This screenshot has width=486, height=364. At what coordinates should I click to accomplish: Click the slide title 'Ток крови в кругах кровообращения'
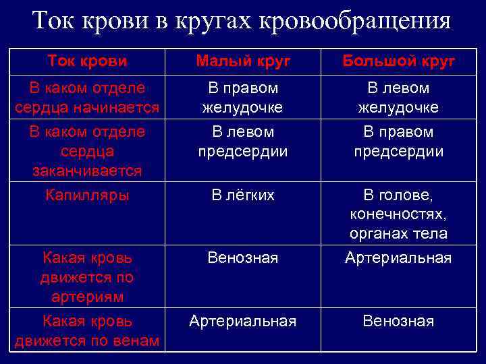click(242, 21)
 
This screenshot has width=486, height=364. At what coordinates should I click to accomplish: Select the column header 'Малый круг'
click(243, 61)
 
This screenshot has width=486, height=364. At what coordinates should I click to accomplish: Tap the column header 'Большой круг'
click(398, 61)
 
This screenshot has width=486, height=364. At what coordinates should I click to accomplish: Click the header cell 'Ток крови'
click(87, 61)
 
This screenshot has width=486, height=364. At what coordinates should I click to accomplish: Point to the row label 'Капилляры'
click(87, 195)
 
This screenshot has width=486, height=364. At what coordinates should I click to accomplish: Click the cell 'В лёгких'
click(243, 195)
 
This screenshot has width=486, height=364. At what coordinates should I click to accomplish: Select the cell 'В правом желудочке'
click(243, 98)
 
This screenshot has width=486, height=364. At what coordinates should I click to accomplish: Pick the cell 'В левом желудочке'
click(398, 98)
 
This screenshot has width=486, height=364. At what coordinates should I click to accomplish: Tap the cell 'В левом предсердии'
click(243, 142)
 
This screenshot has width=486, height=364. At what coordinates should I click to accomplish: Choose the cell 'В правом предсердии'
click(398, 142)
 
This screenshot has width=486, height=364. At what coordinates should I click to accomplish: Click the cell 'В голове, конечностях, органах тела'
click(398, 215)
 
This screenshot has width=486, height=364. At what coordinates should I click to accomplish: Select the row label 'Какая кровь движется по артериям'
click(87, 277)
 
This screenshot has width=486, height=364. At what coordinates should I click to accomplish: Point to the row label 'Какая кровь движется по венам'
click(87, 331)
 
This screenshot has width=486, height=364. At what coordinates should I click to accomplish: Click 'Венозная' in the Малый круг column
click(243, 257)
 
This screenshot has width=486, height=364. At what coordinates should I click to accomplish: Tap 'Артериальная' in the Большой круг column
click(398, 257)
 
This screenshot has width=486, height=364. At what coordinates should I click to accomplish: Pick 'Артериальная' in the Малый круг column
click(243, 322)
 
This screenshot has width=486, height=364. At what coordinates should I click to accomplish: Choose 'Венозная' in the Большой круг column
click(398, 322)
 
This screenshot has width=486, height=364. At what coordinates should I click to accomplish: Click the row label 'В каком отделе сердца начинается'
click(87, 98)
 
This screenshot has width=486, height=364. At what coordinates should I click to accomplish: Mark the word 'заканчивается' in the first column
click(87, 171)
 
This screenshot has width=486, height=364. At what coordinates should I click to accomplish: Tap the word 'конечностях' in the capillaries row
click(398, 215)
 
